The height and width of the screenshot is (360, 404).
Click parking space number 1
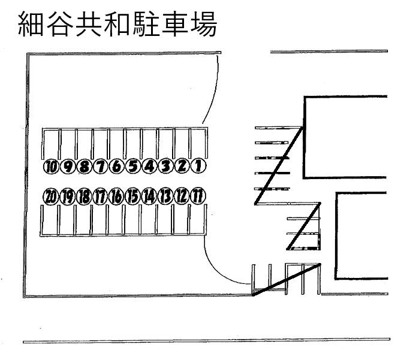coord(198,166)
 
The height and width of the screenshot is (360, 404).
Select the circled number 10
coord(52,166)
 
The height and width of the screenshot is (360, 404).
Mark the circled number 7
coord(101,166)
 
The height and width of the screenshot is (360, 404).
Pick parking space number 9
coord(68,166)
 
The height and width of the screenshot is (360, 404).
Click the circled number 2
coord(182,166)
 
